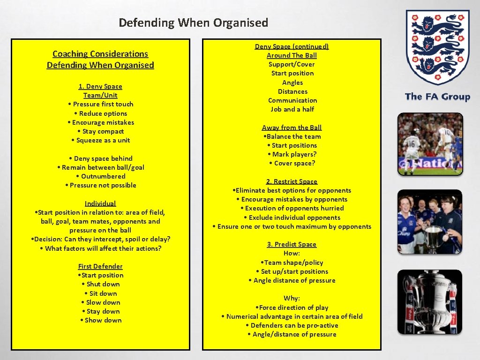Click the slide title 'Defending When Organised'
pyautogui.click(x=193, y=22)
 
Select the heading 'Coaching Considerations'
pyautogui.click(x=100, y=54)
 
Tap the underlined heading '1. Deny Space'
pyautogui.click(x=100, y=86)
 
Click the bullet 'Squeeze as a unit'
pyautogui.click(x=101, y=140)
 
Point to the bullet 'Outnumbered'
pyautogui.click(x=101, y=176)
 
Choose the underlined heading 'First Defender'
pyautogui.click(x=100, y=266)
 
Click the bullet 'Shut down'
pyautogui.click(x=101, y=284)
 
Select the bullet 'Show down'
pyautogui.click(x=101, y=320)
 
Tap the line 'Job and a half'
pyautogui.click(x=292, y=109)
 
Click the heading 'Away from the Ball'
pyautogui.click(x=292, y=127)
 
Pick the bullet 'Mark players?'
pyautogui.click(x=292, y=154)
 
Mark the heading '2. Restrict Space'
pyautogui.click(x=292, y=181)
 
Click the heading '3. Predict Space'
pyautogui.click(x=292, y=244)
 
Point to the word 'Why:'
pyautogui.click(x=292, y=298)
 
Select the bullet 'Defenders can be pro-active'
pyautogui.click(x=292, y=325)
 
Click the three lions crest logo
pyautogui.click(x=437, y=47)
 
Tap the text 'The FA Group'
pyautogui.click(x=437, y=97)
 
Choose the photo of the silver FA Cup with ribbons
pyautogui.click(x=430, y=302)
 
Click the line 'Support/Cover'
pyautogui.click(x=292, y=64)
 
